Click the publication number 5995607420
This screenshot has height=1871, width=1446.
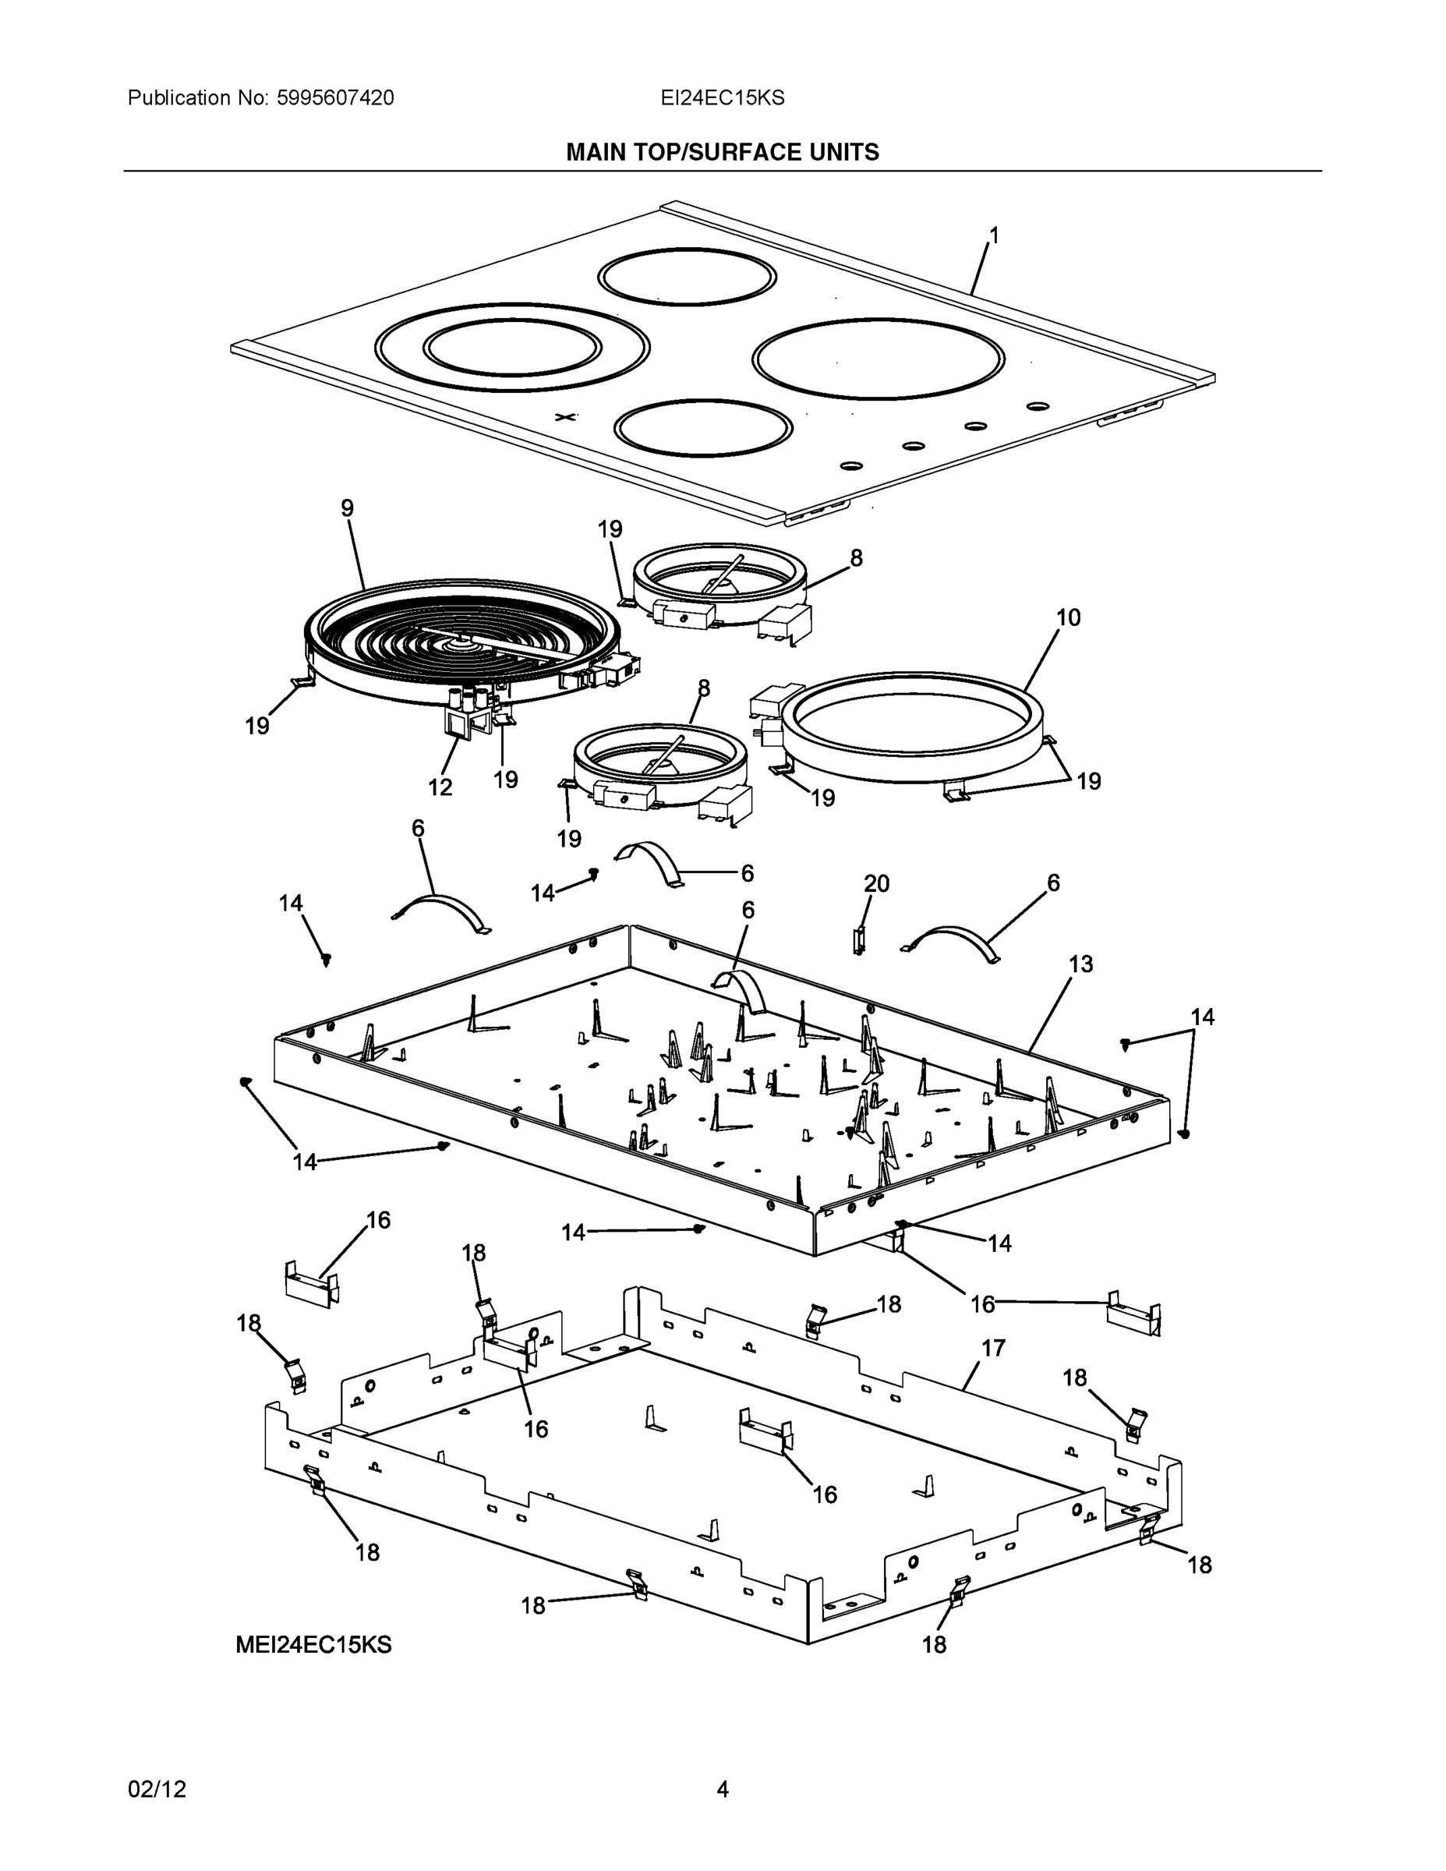[335, 98]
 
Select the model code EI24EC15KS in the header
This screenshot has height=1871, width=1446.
[721, 98]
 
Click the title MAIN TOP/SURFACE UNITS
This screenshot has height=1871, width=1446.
[722, 153]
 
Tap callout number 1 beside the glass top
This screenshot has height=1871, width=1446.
[994, 235]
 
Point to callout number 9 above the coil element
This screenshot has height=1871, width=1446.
[347, 508]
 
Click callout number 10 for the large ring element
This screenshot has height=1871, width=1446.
[1067, 617]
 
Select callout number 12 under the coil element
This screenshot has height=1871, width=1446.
[440, 787]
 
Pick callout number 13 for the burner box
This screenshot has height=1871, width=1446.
[1081, 964]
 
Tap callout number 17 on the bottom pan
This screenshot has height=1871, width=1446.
[992, 1349]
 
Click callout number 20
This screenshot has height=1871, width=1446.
[876, 883]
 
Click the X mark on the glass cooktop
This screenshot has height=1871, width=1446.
[565, 417]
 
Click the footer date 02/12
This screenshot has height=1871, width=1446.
[157, 1789]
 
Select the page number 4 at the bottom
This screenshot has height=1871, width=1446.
[722, 1789]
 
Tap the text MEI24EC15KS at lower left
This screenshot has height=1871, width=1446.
[313, 1645]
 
